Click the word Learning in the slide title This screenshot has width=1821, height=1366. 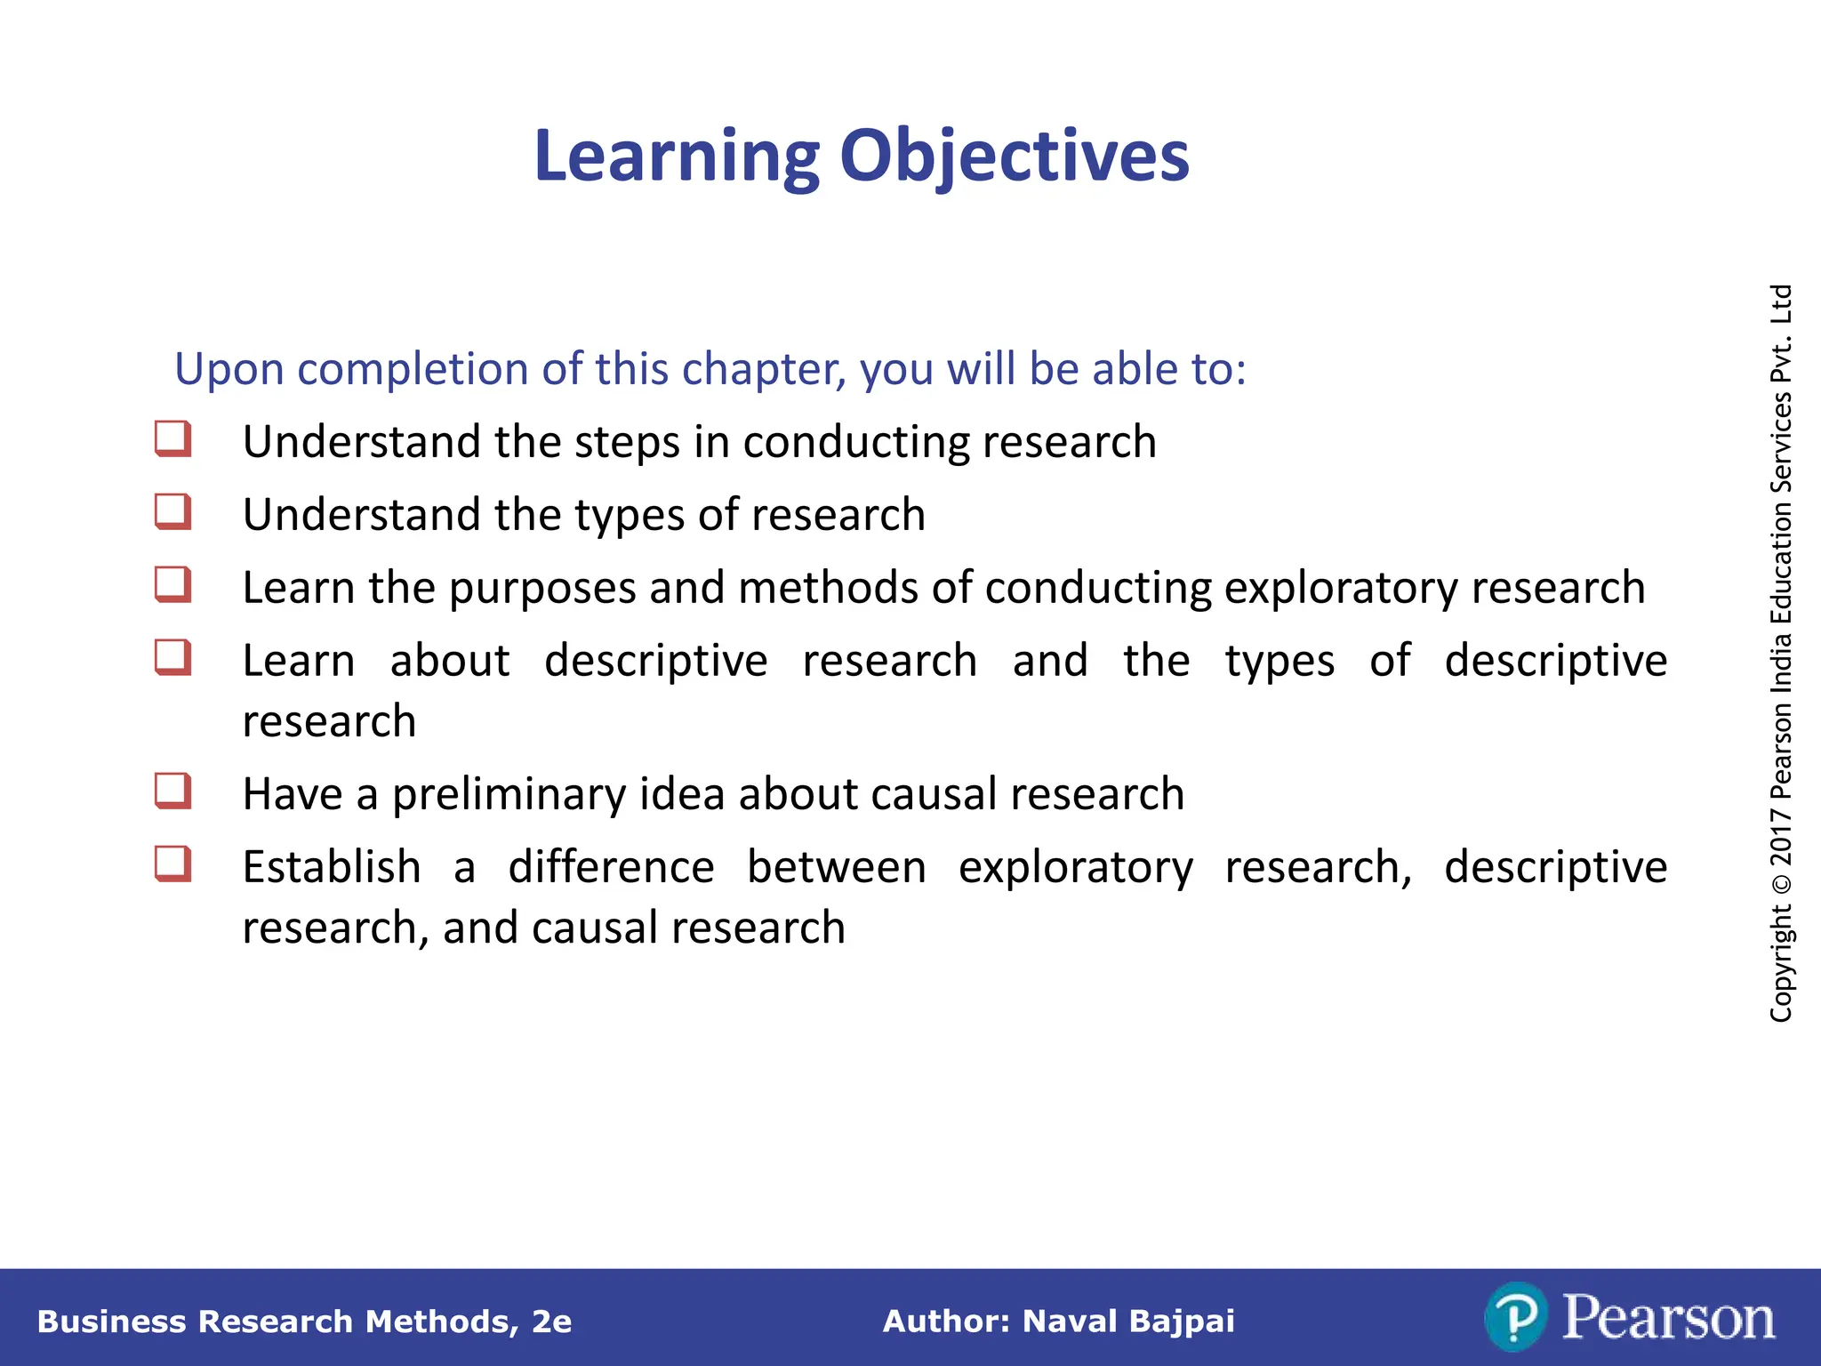click(x=677, y=157)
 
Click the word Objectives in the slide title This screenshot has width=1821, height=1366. click(x=1014, y=157)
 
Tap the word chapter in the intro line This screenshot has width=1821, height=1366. click(x=764, y=368)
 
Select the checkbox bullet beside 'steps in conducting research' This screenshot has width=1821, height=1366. click(x=172, y=439)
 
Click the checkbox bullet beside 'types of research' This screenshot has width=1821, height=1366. click(x=172, y=512)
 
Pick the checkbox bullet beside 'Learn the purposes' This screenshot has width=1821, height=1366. click(x=172, y=585)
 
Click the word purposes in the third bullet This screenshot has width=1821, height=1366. click(x=542, y=589)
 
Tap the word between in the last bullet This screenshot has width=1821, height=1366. click(x=836, y=867)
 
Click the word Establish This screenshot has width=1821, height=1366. click(x=332, y=867)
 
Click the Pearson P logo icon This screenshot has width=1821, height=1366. click(x=1516, y=1317)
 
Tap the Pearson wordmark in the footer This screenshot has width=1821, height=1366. click(x=1668, y=1317)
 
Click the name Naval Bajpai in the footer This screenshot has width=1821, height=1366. click(x=1128, y=1322)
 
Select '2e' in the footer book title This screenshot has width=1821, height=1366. click(x=551, y=1322)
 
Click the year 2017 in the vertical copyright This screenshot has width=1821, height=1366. click(x=1781, y=837)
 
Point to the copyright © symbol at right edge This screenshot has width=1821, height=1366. click(x=1781, y=884)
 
